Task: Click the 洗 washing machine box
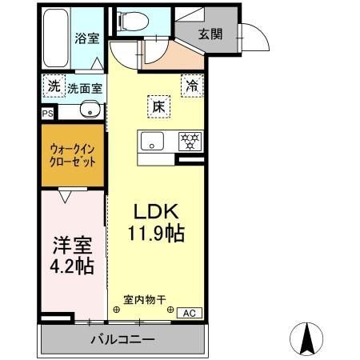[x=53, y=86]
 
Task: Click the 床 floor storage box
[x=159, y=105]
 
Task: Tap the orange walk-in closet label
[x=73, y=154]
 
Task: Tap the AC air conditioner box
[x=189, y=313]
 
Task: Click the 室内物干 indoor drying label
[x=144, y=300]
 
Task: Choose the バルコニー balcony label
[x=121, y=340]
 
